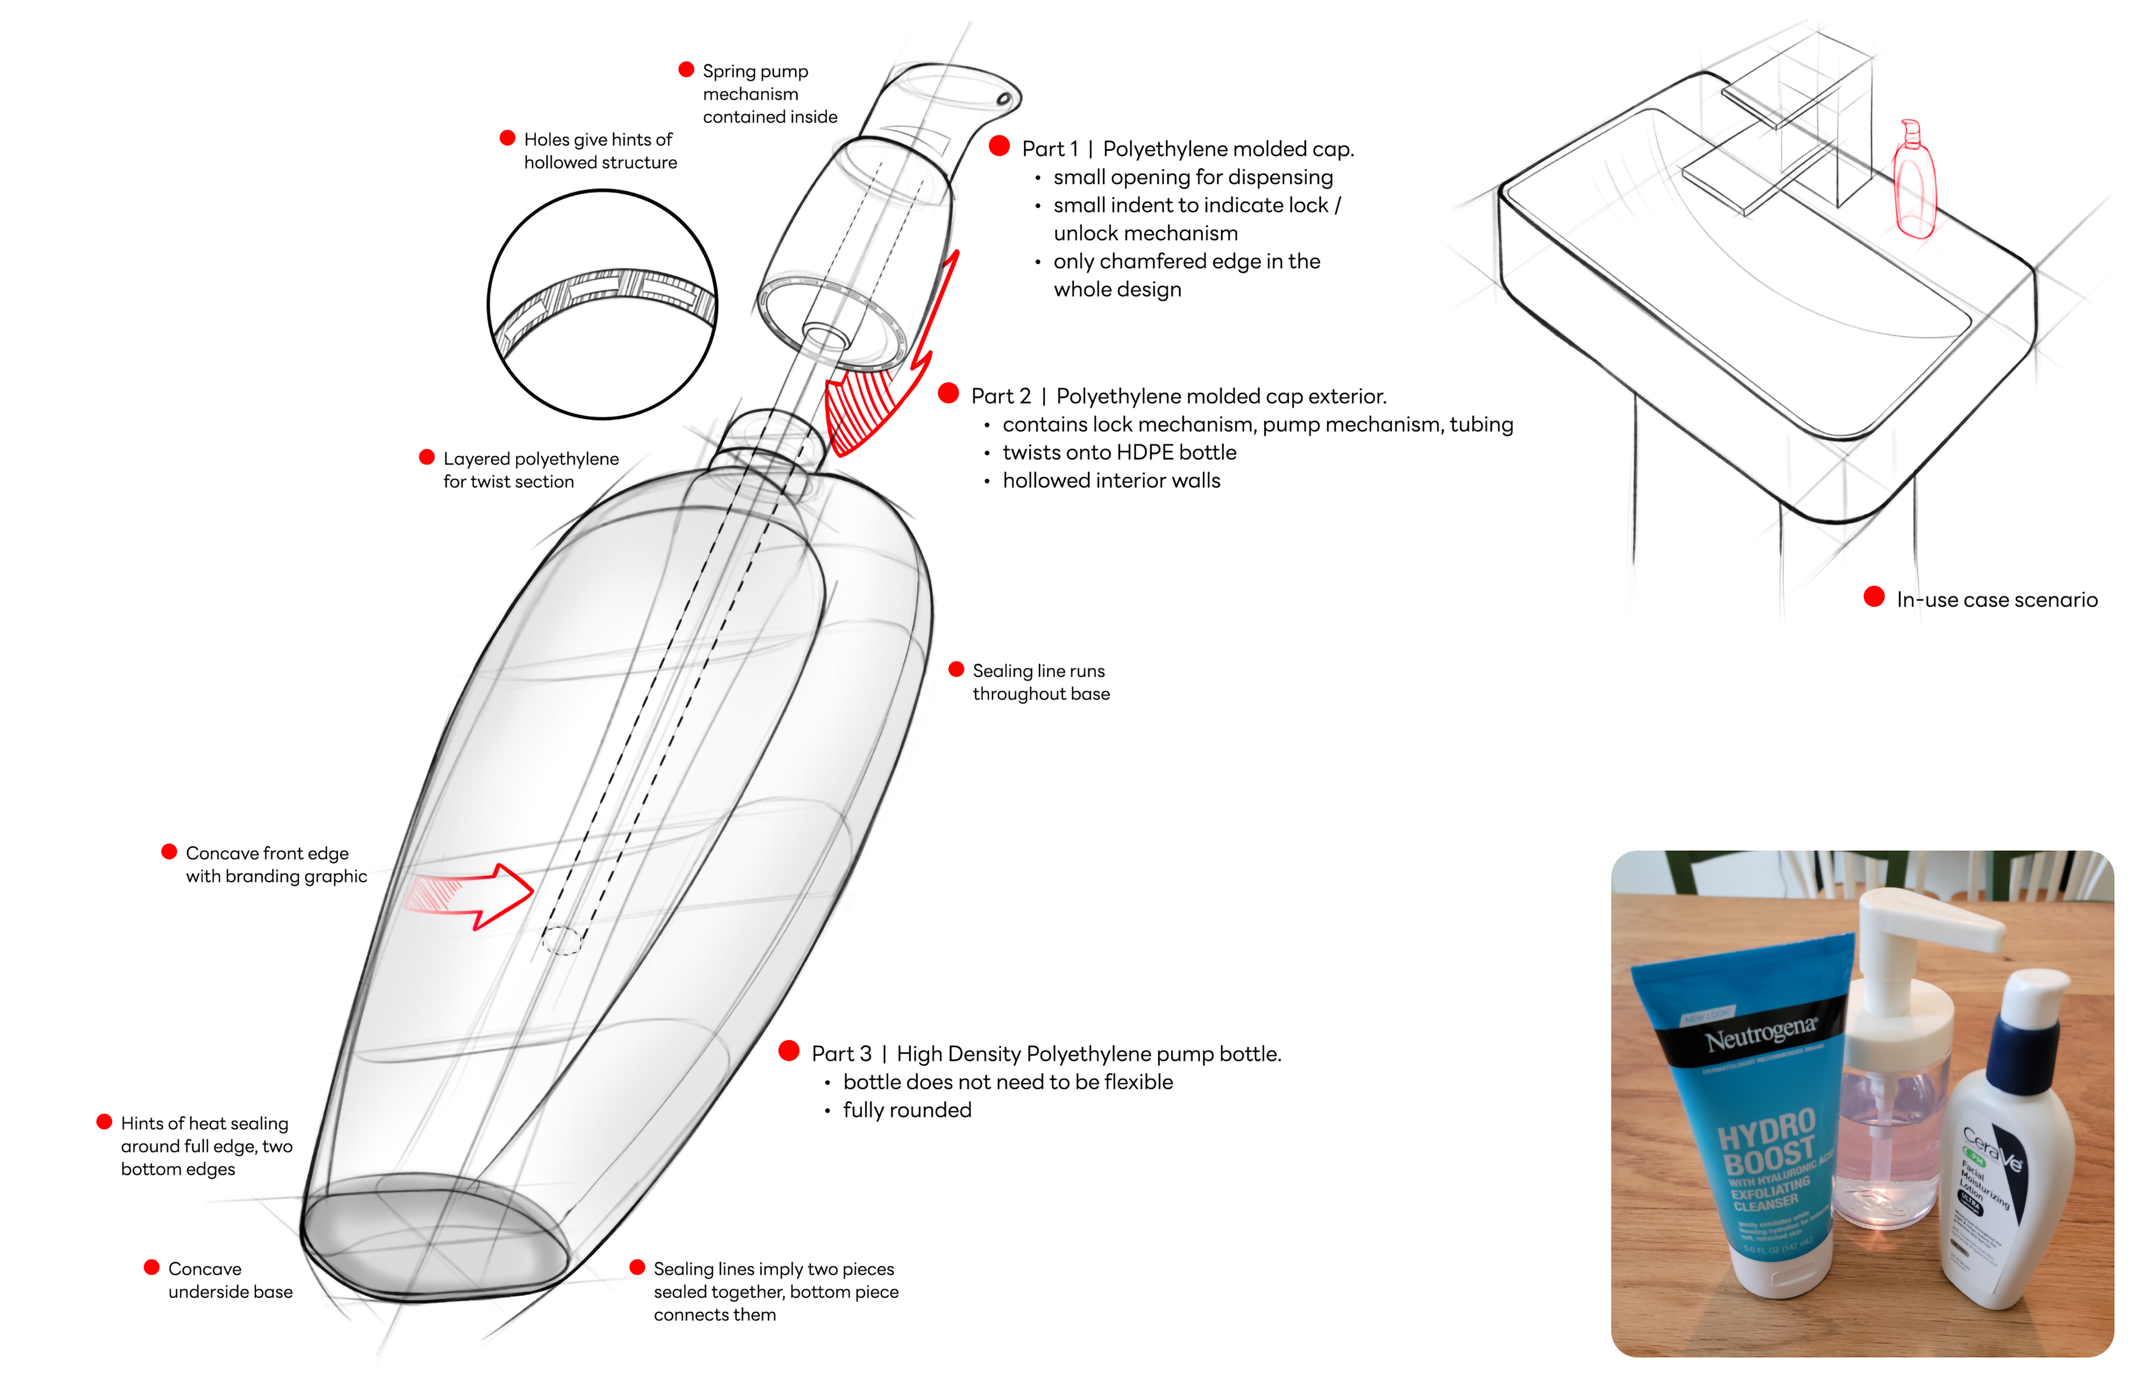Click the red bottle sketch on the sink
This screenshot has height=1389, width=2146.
click(x=1914, y=185)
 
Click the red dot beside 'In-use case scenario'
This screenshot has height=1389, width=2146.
click(x=1874, y=597)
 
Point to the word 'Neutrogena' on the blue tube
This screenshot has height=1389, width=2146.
click(x=1759, y=1035)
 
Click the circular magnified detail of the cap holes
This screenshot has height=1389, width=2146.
click(x=602, y=305)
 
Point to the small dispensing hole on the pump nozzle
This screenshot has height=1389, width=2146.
click(x=1002, y=100)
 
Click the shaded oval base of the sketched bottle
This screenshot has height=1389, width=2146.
click(x=435, y=1233)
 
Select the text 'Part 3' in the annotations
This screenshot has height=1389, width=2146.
click(x=841, y=1054)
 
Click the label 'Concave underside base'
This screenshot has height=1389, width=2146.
click(x=229, y=1280)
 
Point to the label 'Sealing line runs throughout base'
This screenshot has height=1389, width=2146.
click(x=1039, y=682)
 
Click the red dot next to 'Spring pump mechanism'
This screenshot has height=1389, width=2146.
click(x=686, y=70)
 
